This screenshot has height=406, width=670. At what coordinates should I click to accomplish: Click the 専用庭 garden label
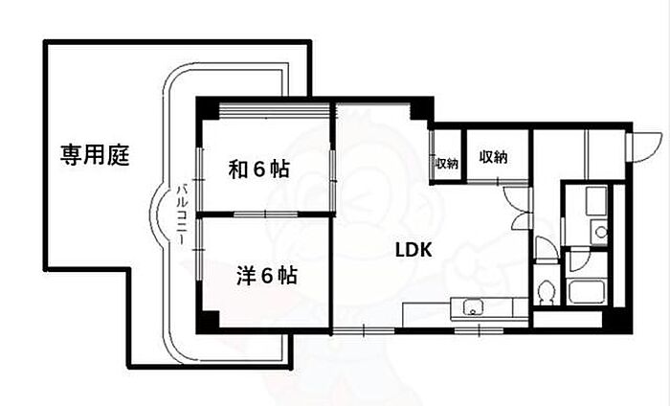(96, 152)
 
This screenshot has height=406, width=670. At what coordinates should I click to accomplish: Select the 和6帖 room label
(258, 169)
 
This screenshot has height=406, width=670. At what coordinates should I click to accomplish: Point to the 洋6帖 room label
(266, 277)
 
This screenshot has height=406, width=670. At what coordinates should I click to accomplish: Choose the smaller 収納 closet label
(446, 164)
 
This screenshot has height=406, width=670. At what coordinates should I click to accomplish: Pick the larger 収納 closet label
(493, 157)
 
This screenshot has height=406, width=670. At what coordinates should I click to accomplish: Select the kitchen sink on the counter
(472, 308)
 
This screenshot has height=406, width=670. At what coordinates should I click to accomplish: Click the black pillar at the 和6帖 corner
(205, 107)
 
